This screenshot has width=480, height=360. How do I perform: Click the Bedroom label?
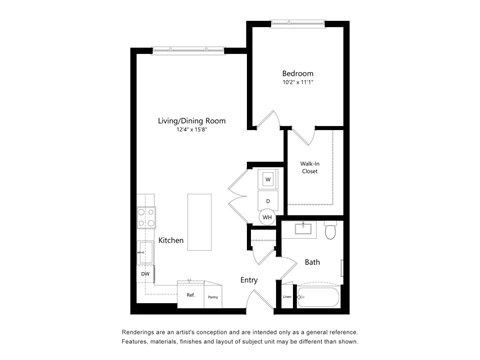(x=297, y=74)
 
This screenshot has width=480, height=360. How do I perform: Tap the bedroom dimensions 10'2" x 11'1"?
(x=297, y=84)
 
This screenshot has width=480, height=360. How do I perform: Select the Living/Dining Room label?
(x=191, y=121)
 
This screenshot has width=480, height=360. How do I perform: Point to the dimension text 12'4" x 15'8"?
(x=191, y=131)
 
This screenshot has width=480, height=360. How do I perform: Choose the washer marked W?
(x=267, y=180)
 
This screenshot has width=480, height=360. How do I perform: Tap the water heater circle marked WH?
(x=267, y=217)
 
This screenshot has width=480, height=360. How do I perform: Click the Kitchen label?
(x=170, y=241)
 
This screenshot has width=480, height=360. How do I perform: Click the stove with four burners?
(x=146, y=217)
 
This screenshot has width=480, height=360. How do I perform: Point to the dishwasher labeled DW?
(x=145, y=273)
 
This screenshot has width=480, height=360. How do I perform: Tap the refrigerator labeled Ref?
(x=189, y=295)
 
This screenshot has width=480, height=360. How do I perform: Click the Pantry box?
(x=213, y=296)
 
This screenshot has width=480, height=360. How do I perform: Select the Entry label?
(x=249, y=280)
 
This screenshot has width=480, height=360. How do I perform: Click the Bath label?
(x=312, y=262)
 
